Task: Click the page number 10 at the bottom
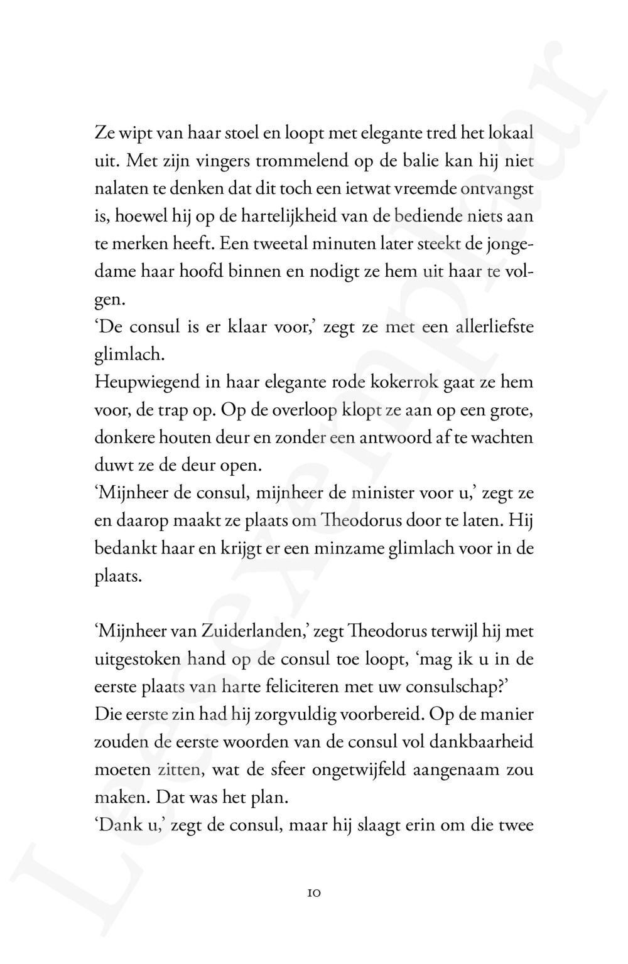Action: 315,892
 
